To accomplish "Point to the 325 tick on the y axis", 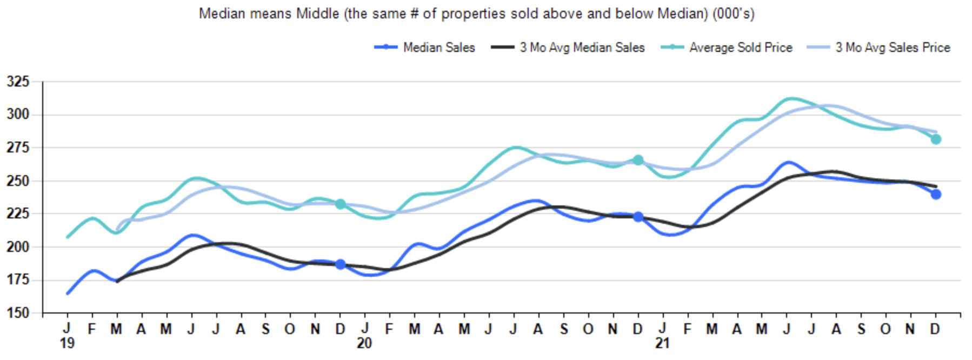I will point(18,82).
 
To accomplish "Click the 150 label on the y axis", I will point(18,313).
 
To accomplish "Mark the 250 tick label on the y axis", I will point(18,181).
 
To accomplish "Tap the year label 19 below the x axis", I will point(67,344).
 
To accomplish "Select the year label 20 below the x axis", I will point(364,344).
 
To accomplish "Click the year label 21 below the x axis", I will point(662,344).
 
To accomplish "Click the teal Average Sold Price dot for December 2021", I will point(936,139).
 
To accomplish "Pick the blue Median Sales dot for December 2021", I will point(936,194).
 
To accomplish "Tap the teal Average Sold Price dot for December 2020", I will point(638,160).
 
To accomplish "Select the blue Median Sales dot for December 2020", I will point(638,217).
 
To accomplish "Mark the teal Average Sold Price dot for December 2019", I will point(340,204).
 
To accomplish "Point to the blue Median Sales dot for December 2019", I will point(340,264).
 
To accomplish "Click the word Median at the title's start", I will point(219,14).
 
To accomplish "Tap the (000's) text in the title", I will point(734,14).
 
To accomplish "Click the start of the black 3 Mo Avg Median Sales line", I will point(117,281).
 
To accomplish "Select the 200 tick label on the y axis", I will point(18,247).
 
